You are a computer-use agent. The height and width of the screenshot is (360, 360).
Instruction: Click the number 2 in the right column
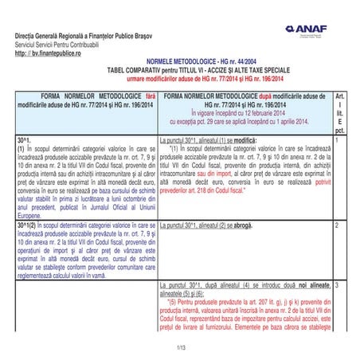[337, 227]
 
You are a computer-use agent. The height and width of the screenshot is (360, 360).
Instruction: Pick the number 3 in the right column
[338, 284]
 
